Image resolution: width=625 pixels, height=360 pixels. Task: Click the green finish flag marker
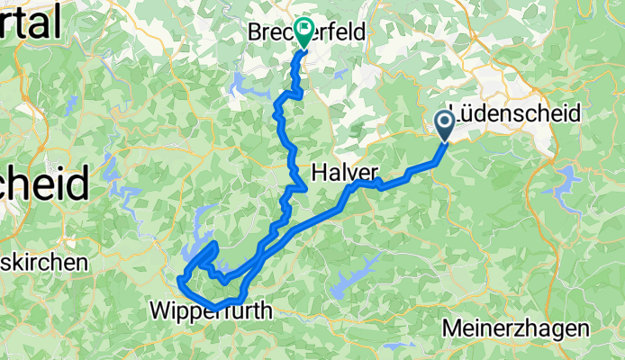click(302, 33)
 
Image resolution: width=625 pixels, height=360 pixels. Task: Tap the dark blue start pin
click(446, 124)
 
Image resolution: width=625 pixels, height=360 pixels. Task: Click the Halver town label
click(345, 172)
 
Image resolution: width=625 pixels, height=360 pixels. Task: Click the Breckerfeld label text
click(308, 32)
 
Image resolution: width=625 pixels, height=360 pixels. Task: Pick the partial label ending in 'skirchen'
click(43, 263)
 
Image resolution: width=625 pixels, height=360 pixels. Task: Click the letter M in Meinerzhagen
click(453, 329)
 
